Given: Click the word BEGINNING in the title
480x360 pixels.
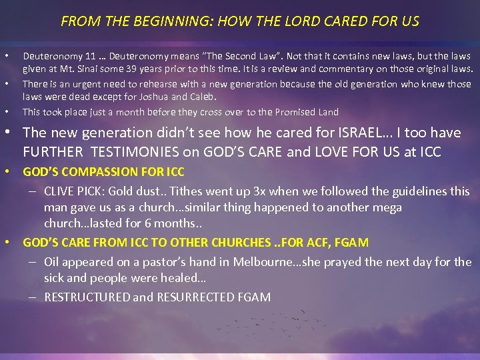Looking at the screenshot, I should [x=150, y=21].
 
